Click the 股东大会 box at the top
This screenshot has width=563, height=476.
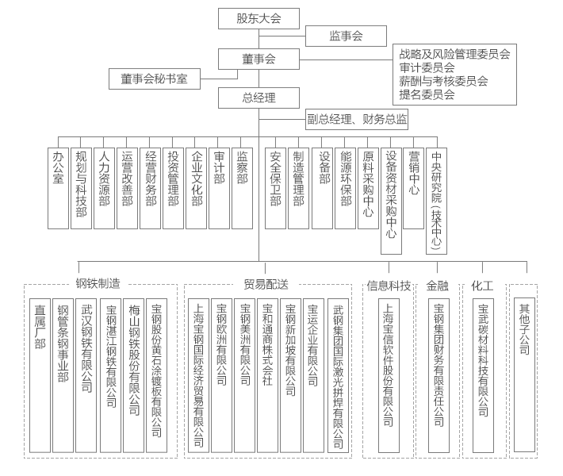(259, 19)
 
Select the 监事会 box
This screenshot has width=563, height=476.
(346, 36)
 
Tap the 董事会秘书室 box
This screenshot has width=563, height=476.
(155, 79)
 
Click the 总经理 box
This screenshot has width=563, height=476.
(259, 98)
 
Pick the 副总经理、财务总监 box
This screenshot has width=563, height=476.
(357, 119)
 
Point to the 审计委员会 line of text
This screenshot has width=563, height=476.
(427, 67)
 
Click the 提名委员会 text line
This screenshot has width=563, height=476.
(427, 94)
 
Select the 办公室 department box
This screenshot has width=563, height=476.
(58, 188)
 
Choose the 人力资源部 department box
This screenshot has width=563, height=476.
(104, 188)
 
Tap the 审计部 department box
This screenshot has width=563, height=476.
(219, 188)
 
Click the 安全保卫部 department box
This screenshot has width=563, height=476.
(275, 188)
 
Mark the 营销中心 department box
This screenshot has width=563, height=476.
(414, 188)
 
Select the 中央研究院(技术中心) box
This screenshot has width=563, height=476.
(437, 201)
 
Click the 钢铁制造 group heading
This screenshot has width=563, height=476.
(98, 284)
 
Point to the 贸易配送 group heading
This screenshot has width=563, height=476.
(266, 284)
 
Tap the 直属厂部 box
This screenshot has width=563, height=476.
(40, 375)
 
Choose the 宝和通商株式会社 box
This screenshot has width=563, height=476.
(267, 375)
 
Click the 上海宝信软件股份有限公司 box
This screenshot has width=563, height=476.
(389, 375)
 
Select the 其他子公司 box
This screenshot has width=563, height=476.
(524, 374)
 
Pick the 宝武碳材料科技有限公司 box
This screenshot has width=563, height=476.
(483, 375)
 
